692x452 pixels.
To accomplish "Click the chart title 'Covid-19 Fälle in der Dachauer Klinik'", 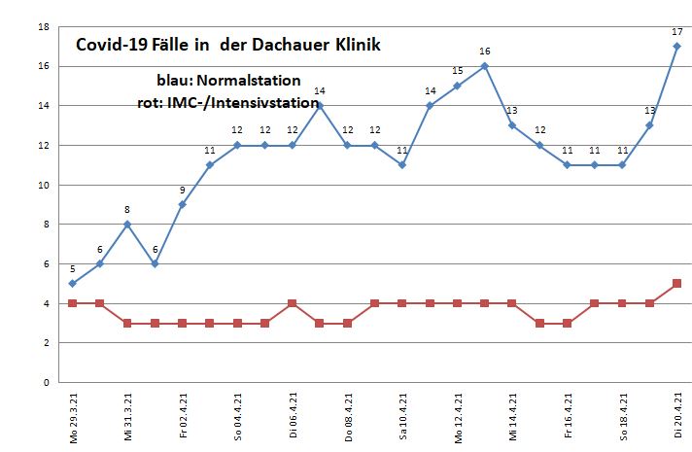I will pos(228,45).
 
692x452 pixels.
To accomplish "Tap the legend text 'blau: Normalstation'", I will pos(229,80).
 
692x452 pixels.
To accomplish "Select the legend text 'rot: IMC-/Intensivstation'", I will pos(228,101).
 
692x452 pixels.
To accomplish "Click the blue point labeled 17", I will pos(676,46).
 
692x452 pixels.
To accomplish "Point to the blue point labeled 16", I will pos(484,66).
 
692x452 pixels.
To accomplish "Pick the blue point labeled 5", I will pos(72,283).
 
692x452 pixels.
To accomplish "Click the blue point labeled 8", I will pos(126,224).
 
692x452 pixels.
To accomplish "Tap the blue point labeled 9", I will pos(182,204).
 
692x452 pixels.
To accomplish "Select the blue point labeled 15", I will pos(457,86).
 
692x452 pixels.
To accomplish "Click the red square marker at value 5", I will pos(676,283).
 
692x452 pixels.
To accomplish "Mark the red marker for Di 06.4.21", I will pos(292,303).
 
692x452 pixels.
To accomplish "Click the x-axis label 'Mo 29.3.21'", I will pos(73,415).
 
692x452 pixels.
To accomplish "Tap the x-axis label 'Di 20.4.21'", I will pos(677,415).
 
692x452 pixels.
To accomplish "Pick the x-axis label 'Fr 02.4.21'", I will pos(183,415).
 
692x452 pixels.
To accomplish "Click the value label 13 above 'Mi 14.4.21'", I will pos(511,110).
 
